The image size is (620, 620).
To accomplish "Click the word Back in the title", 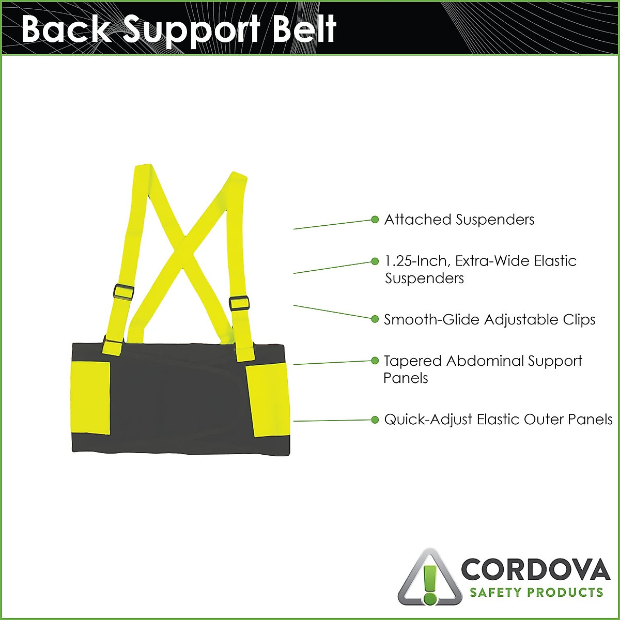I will coord(65,29).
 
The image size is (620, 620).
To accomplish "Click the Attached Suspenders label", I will coord(459,220).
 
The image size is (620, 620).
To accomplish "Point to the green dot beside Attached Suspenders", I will coord(375,220).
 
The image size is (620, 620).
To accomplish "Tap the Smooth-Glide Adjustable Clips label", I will coord(489,320).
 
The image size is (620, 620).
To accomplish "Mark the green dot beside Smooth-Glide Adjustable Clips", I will coord(375,319).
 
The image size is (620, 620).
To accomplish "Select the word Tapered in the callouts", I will coord(412,361).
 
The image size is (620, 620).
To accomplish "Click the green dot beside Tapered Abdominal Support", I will coord(375,360).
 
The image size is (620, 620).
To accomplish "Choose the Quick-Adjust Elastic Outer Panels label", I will coord(498,419).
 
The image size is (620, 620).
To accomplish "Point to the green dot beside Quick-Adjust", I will coord(375,419).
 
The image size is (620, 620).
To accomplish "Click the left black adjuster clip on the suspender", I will coord(124,291).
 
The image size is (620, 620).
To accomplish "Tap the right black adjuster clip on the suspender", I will coord(239,303).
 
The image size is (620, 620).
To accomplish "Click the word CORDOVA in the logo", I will coord(535,569).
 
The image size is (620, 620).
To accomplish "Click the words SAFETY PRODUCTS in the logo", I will coord(536,592).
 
